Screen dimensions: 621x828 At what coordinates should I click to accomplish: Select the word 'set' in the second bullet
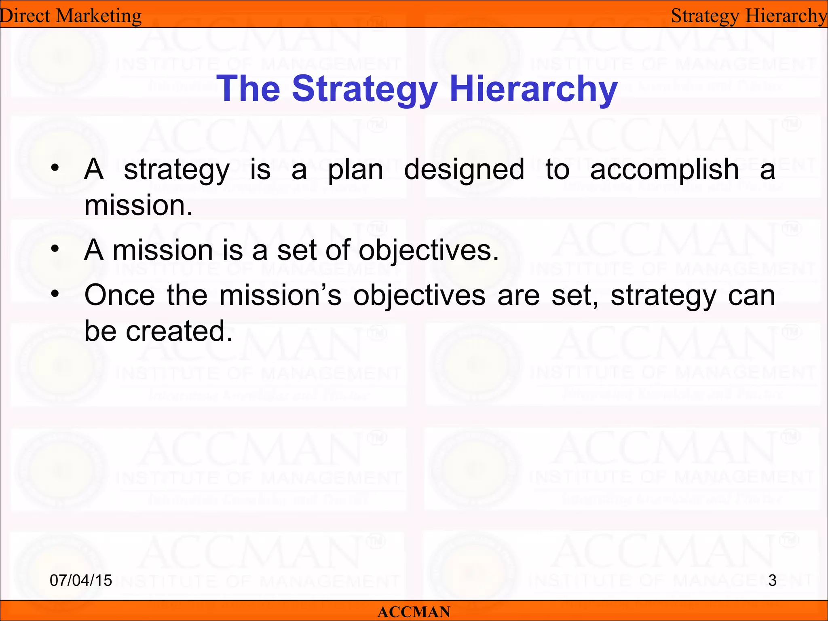click(297, 250)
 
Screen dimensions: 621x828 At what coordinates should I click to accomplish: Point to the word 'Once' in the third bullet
click(120, 295)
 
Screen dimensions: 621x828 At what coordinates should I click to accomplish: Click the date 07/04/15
click(81, 581)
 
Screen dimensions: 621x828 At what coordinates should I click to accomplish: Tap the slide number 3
click(772, 581)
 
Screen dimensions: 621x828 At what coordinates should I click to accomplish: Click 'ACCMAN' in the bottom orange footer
click(414, 612)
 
